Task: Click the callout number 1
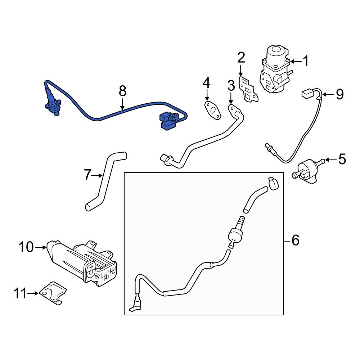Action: pyautogui.click(x=306, y=61)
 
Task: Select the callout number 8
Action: pyautogui.click(x=123, y=91)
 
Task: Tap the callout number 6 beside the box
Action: pyautogui.click(x=295, y=240)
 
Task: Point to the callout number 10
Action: pyautogui.click(x=26, y=247)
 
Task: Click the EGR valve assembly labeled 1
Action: pyautogui.click(x=275, y=69)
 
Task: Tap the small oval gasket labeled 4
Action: pyautogui.click(x=213, y=111)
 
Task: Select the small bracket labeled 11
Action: pyautogui.click(x=53, y=293)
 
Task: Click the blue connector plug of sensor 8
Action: pyautogui.click(x=168, y=121)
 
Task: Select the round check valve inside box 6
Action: pyautogui.click(x=235, y=235)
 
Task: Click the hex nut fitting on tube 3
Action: pyautogui.click(x=166, y=159)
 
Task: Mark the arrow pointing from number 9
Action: pyautogui.click(x=328, y=94)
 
